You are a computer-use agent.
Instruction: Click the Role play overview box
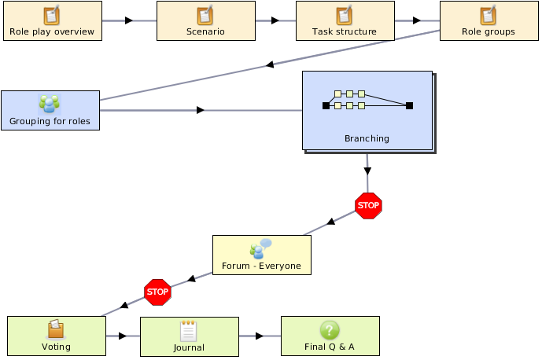click(x=53, y=20)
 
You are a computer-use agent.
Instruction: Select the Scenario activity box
click(x=206, y=20)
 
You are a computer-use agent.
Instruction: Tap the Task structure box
click(x=345, y=20)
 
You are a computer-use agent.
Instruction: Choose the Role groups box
click(x=489, y=20)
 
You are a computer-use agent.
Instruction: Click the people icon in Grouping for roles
click(x=50, y=104)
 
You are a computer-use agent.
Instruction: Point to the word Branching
click(x=367, y=138)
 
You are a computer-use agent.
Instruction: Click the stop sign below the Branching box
click(x=368, y=206)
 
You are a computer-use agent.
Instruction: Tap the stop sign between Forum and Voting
click(x=157, y=292)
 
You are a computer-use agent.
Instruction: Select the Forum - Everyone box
click(x=262, y=255)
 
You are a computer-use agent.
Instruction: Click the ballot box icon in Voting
click(x=56, y=329)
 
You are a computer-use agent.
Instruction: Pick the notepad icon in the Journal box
click(x=188, y=331)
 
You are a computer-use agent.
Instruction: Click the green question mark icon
click(x=330, y=330)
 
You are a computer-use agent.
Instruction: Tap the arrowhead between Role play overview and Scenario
click(x=129, y=20)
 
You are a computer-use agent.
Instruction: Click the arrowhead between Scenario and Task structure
click(x=275, y=20)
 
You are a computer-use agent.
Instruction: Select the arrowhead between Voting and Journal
click(x=123, y=336)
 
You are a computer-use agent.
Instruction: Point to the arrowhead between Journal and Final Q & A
click(x=260, y=336)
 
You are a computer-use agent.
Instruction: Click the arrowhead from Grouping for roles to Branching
click(x=201, y=110)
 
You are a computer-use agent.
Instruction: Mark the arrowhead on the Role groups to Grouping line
click(x=270, y=64)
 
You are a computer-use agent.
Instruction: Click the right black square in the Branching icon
click(x=409, y=105)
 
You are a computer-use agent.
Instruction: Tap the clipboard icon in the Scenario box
click(x=205, y=15)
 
